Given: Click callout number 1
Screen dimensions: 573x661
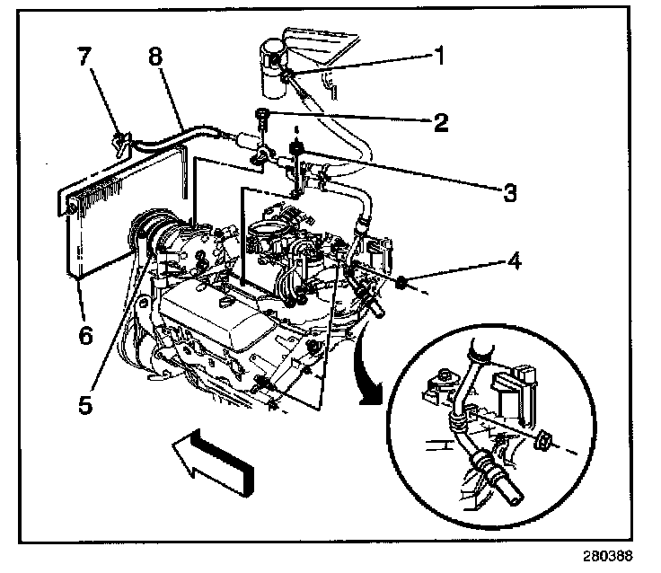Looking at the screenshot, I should coord(440,56).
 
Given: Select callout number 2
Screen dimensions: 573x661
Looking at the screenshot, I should coord(441,122).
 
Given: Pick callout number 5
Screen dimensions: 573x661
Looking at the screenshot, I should coord(84,403).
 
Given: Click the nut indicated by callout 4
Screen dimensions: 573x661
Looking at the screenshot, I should coord(403,286).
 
